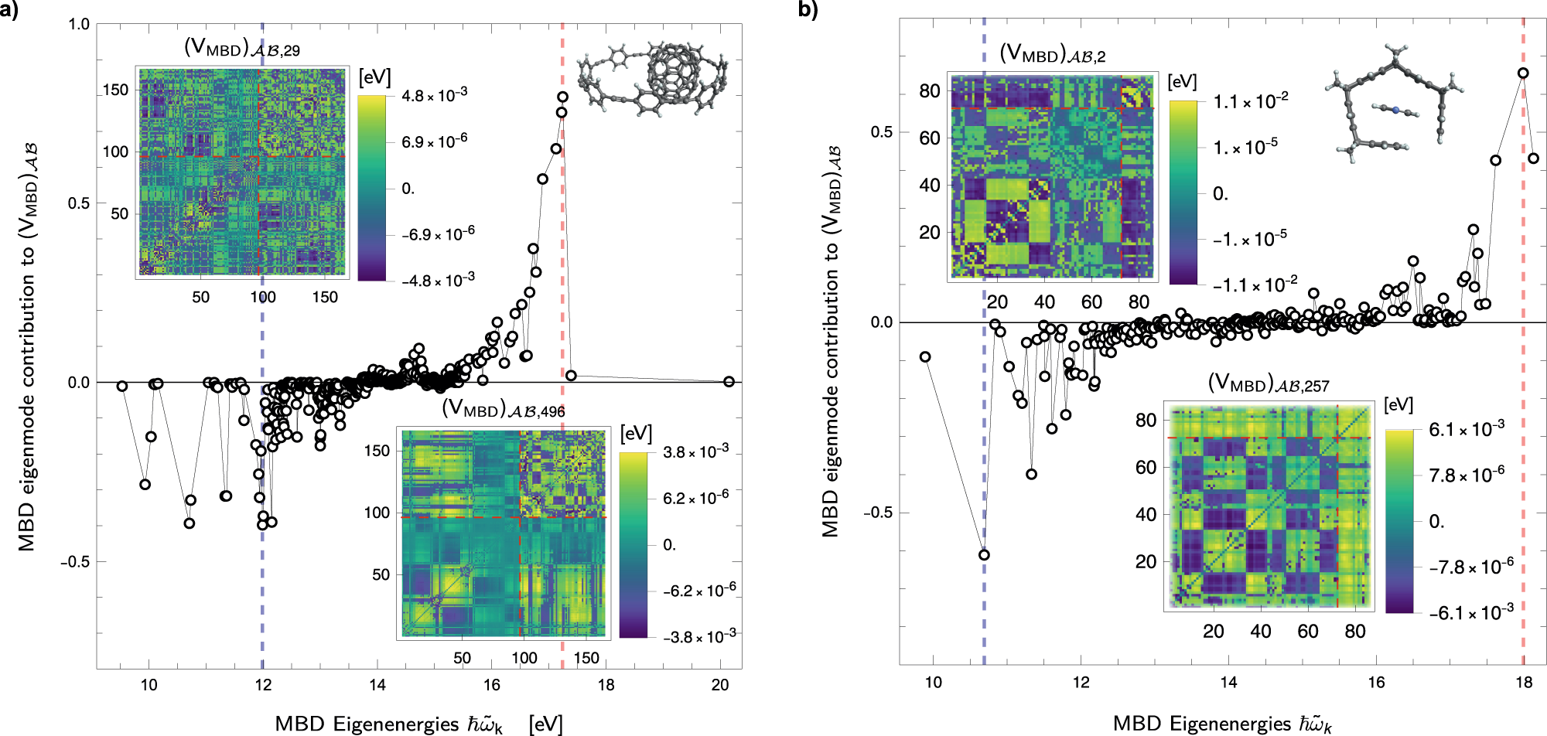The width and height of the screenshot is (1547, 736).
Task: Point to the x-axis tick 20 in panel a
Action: [x=720, y=685]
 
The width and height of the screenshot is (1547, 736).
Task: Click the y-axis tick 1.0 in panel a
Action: [x=79, y=24]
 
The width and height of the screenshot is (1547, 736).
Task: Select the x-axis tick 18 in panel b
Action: [x=1523, y=682]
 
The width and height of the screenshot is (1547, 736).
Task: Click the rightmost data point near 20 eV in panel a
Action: [x=729, y=382]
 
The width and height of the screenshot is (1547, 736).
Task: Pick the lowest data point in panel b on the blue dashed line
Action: [x=984, y=555]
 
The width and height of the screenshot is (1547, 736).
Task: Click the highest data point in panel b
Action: [x=1523, y=73]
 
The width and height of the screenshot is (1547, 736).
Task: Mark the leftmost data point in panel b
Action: [x=925, y=357]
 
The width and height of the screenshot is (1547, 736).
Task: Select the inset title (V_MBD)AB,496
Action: [x=503, y=409]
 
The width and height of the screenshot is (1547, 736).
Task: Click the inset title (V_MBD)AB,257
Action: [x=1268, y=383]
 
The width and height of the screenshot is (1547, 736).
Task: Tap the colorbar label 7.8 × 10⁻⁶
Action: [x=1466, y=475]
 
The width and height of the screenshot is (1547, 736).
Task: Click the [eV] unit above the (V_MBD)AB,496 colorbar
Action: [x=636, y=434]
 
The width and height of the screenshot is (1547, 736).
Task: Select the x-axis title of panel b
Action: [x=1222, y=724]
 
